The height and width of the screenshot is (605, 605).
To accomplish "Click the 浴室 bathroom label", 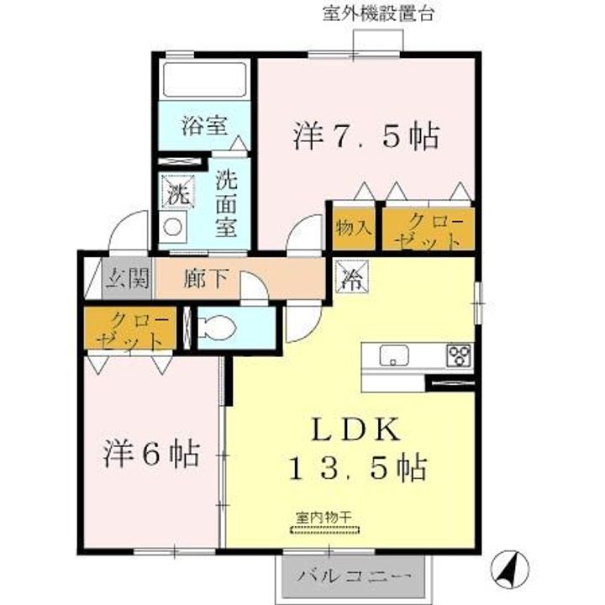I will click(203, 128).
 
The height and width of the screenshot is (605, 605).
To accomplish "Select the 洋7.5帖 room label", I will click(366, 135).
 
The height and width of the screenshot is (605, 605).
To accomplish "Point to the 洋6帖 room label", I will click(151, 455).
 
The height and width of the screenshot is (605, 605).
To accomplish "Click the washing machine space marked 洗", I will click(176, 192).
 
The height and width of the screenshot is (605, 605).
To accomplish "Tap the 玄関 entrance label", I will click(127, 278).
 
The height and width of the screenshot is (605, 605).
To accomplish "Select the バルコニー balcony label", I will click(355, 577).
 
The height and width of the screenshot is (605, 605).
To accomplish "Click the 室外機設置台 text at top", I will click(377, 13).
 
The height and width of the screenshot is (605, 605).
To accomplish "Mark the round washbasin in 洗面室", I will click(174, 228).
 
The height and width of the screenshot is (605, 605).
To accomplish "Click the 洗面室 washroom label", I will click(225, 203).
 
